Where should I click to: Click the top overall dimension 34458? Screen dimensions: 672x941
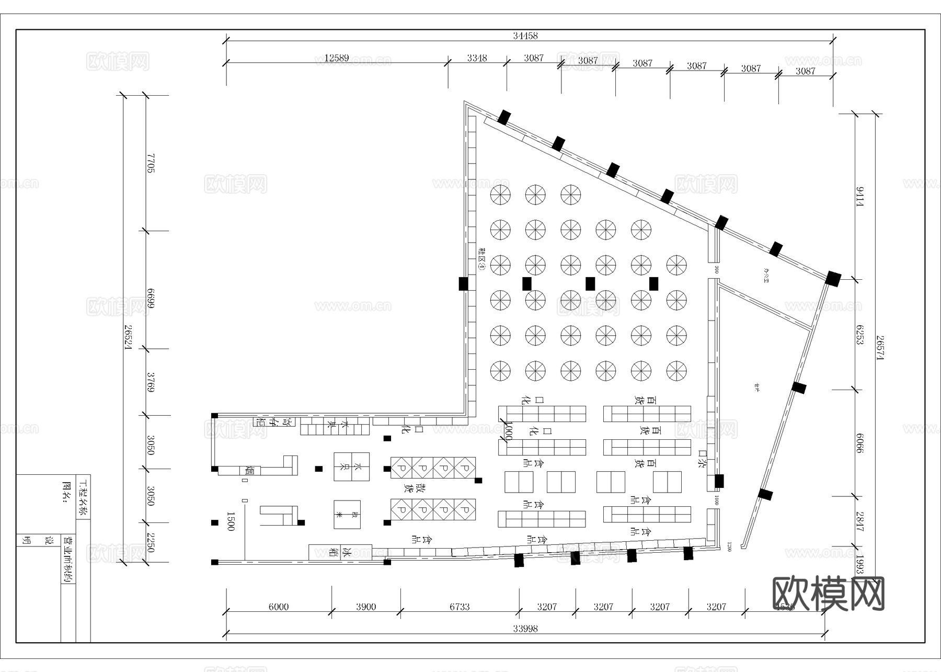point(525,36)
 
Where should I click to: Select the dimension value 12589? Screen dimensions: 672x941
point(336,58)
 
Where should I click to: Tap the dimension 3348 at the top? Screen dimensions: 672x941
point(477,58)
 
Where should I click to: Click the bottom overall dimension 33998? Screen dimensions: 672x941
point(525,629)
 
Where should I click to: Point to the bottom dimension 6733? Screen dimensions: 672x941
point(460,607)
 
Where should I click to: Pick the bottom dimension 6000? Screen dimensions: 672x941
point(278,607)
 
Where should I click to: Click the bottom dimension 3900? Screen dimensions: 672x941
point(366,607)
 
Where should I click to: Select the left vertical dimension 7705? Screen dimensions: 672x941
point(151,163)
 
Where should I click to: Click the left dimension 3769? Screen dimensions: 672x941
point(151,382)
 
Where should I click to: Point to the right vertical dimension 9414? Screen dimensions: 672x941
point(859,196)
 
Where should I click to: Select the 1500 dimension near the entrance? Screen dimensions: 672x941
point(230,521)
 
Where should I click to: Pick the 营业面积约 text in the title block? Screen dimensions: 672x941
point(68,559)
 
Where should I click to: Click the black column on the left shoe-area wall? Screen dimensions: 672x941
point(463,283)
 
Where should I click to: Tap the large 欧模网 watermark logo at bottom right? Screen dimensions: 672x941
point(828,594)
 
